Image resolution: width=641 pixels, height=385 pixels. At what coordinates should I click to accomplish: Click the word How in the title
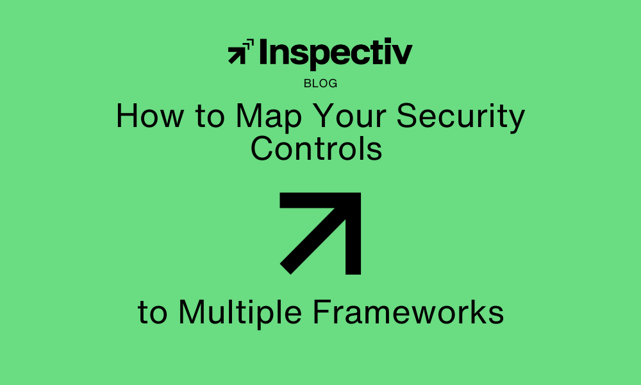(x=150, y=116)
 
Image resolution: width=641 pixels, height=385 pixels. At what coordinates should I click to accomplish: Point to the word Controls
(x=317, y=148)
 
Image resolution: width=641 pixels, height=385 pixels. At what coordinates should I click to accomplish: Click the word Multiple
(x=240, y=313)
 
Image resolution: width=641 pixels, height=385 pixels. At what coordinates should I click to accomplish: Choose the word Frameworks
(x=408, y=312)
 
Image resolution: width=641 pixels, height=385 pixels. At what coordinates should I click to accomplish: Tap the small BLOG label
(x=320, y=83)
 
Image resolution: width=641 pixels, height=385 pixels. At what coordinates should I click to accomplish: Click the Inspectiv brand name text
(x=336, y=53)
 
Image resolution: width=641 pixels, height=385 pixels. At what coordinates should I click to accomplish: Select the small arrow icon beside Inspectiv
(x=241, y=51)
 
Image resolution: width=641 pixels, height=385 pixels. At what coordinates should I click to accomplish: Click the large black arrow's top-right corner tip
(x=360, y=193)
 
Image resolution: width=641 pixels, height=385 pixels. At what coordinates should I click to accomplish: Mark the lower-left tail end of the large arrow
(x=285, y=269)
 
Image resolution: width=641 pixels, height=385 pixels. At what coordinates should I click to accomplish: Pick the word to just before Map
(x=210, y=116)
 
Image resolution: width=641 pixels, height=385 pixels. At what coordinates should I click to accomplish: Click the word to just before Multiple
(x=153, y=312)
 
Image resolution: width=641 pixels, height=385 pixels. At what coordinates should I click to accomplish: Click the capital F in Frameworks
(x=322, y=312)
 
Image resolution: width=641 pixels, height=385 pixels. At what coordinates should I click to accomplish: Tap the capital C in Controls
(x=262, y=148)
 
